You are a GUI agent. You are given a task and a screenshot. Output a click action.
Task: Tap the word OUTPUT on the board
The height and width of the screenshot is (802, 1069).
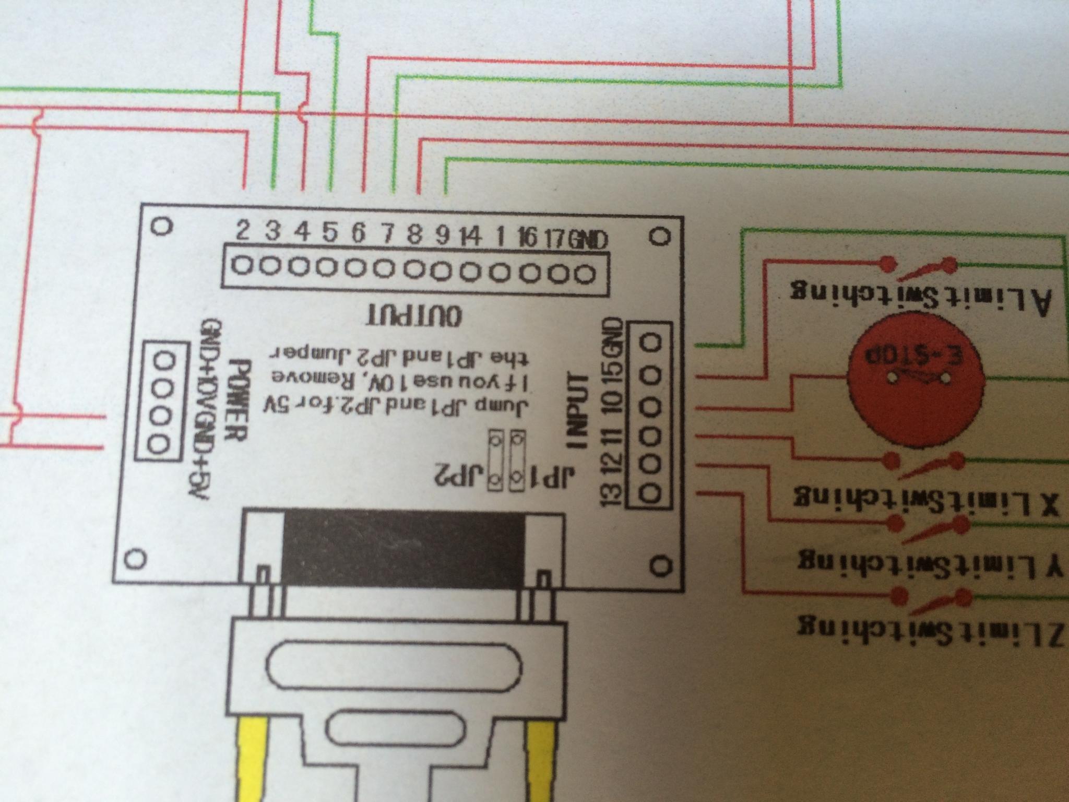415,316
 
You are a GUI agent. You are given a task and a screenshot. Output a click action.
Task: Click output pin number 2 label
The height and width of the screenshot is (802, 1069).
243,230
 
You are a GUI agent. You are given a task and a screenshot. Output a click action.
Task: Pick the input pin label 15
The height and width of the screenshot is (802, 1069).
614,373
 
